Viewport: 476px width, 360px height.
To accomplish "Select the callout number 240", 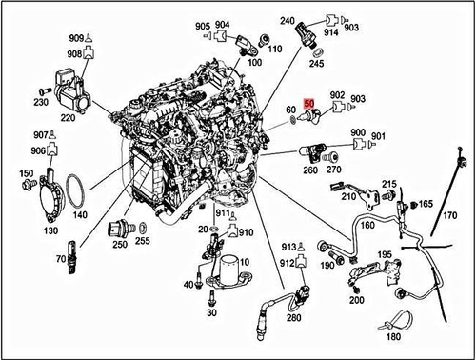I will click(x=288, y=20).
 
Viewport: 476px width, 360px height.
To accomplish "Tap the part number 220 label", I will click(x=67, y=119).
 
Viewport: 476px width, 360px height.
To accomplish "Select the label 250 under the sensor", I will click(x=120, y=245).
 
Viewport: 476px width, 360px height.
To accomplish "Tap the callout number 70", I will click(x=59, y=259).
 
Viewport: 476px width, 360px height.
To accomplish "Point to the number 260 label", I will click(x=309, y=170).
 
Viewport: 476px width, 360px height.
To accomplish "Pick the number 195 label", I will click(x=384, y=254).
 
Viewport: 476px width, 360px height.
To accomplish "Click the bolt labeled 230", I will click(x=42, y=90).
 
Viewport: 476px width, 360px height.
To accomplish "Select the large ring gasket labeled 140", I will click(x=69, y=195).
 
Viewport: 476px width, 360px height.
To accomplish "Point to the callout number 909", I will click(x=76, y=38).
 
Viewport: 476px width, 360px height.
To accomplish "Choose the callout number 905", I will click(x=204, y=25).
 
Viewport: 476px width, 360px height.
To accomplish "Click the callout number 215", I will click(x=389, y=183).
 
